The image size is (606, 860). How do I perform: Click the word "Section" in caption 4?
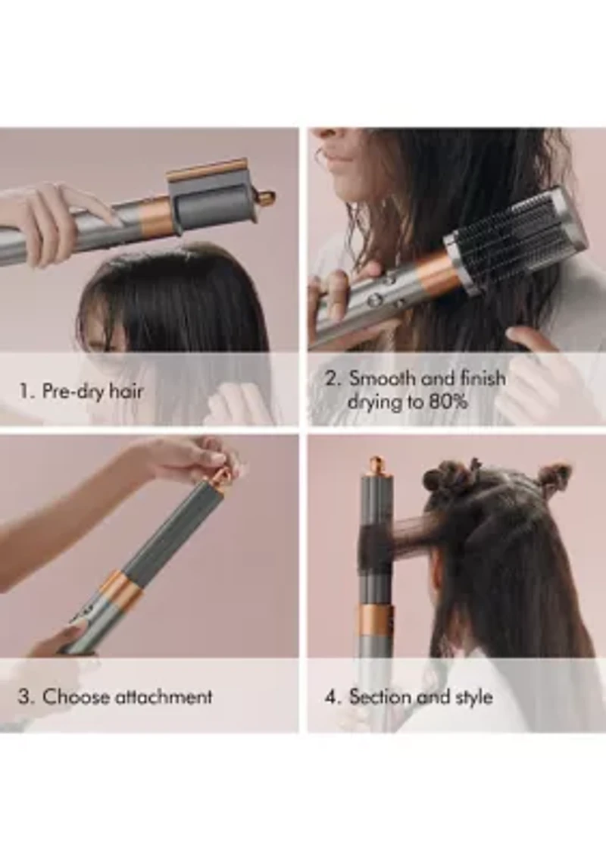coord(378,697)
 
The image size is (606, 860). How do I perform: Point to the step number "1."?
coord(26,392)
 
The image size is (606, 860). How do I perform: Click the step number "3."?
coord(26,697)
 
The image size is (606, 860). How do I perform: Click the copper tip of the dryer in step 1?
coord(265,199)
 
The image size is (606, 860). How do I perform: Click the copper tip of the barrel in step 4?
coord(376,464)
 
